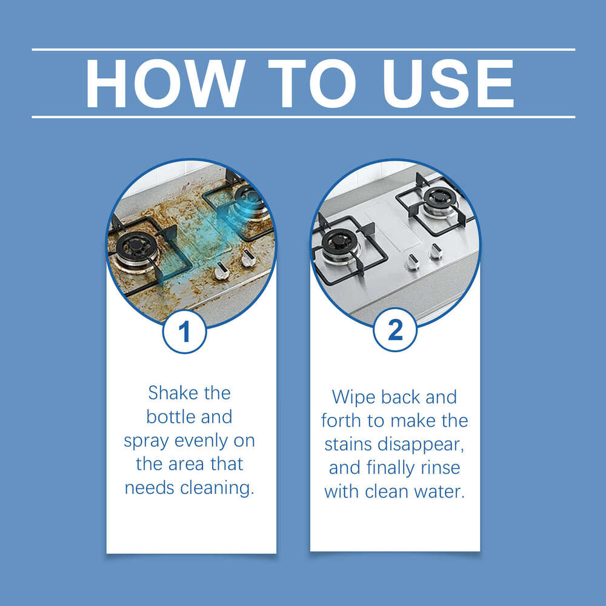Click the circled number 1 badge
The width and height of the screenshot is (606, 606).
pyautogui.click(x=184, y=331)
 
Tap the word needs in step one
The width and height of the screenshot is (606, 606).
pyautogui.click(x=150, y=488)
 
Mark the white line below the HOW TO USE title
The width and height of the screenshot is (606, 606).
pyautogui.click(x=303, y=117)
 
